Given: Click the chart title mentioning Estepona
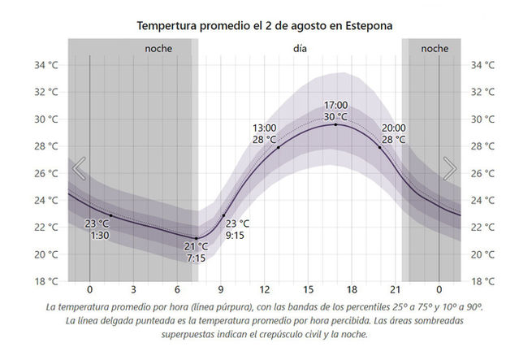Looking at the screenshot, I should (266, 26).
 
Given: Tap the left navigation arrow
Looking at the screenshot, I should (79, 169).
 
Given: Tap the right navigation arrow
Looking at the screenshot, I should (449, 169).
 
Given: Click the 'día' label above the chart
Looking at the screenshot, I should (301, 49).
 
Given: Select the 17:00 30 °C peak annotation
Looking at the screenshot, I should (335, 111).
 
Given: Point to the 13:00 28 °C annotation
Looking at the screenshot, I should (265, 134).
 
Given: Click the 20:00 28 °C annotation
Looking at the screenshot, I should (393, 134).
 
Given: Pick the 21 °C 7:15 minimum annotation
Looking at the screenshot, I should (197, 252).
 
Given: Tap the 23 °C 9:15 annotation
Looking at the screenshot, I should (237, 230).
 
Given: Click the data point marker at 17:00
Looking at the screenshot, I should (335, 124).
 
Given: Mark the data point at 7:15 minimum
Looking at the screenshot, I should (196, 238).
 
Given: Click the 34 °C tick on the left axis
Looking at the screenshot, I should (45, 65).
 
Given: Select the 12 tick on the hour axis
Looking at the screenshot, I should (265, 290).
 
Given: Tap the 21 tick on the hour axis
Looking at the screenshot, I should (396, 290).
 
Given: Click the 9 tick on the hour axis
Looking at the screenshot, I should (221, 290).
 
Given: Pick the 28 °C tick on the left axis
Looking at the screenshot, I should (45, 146).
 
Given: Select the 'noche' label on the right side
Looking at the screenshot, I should (435, 49).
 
